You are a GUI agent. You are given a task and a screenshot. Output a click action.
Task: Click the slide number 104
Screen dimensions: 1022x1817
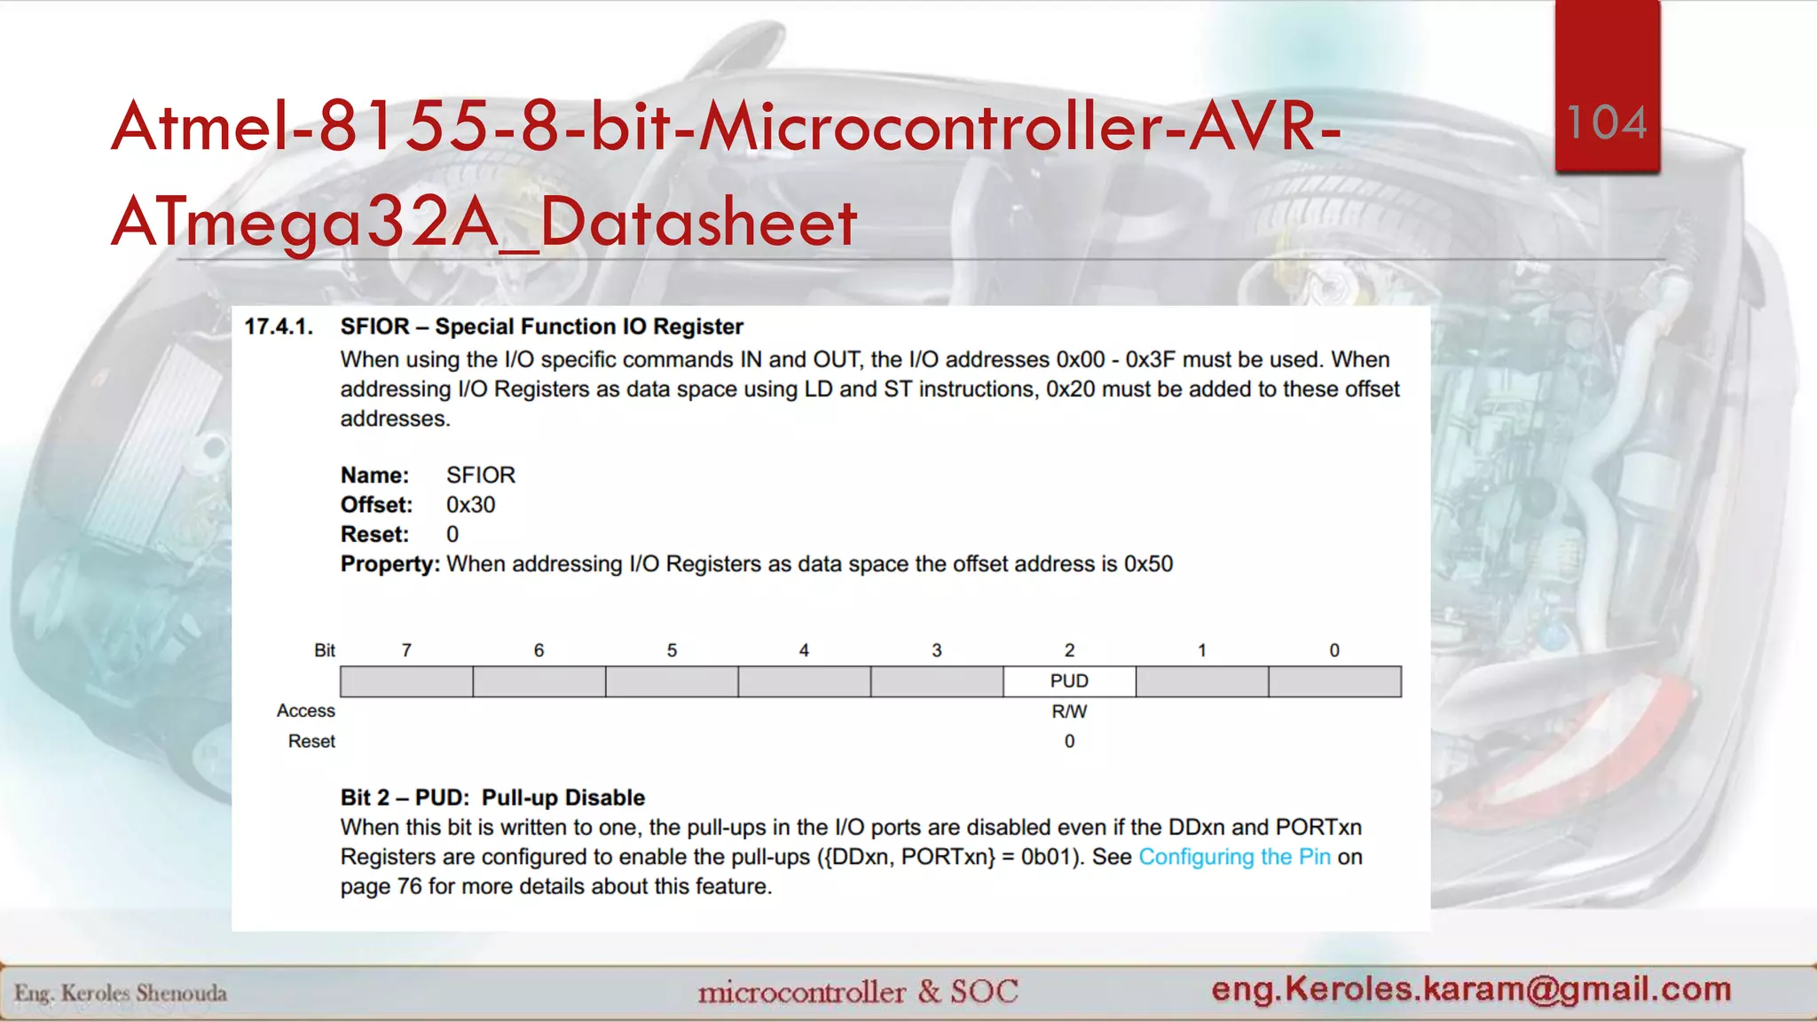pos(1607,122)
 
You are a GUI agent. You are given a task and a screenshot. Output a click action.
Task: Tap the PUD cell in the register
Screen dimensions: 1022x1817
pos(1069,681)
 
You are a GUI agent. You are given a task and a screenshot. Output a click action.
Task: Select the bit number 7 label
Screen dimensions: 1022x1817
pos(406,650)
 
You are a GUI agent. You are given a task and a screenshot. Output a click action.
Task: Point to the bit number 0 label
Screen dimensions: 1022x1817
pos(1334,650)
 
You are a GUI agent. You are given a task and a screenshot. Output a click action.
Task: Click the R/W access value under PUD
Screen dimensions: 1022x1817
pos(1069,711)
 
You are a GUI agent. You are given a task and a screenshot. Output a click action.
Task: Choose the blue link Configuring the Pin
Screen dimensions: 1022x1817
pos(1234,857)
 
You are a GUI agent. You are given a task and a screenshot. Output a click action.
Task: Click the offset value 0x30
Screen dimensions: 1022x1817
pos(470,505)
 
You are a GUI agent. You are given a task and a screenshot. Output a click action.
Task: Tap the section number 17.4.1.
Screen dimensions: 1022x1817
pos(279,327)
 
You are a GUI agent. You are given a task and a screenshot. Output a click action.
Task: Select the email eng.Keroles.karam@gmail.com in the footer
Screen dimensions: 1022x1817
pos(1471,988)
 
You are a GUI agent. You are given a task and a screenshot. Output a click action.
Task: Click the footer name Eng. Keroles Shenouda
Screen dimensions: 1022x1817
pos(121,993)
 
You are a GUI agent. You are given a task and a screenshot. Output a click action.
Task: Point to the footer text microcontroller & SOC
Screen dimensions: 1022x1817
pos(857,991)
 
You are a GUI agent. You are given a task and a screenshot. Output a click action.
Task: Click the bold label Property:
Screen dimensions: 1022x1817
pos(389,564)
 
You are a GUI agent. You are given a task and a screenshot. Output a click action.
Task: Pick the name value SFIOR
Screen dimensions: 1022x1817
pos(480,476)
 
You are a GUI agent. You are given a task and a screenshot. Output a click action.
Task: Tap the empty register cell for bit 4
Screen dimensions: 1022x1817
pos(804,681)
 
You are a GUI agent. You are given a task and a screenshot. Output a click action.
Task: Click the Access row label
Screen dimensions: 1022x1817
pos(305,711)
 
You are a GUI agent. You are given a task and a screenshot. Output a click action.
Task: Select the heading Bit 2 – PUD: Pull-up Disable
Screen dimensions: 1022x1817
pos(492,798)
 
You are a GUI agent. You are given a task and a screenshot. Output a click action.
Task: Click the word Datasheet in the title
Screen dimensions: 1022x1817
pos(698,222)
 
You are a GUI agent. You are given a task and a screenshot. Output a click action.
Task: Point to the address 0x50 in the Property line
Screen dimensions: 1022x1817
pos(1148,564)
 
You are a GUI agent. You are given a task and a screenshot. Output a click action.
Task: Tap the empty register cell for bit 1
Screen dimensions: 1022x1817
pos(1202,681)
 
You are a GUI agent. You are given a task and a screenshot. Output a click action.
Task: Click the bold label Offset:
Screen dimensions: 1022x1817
pos(376,505)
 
